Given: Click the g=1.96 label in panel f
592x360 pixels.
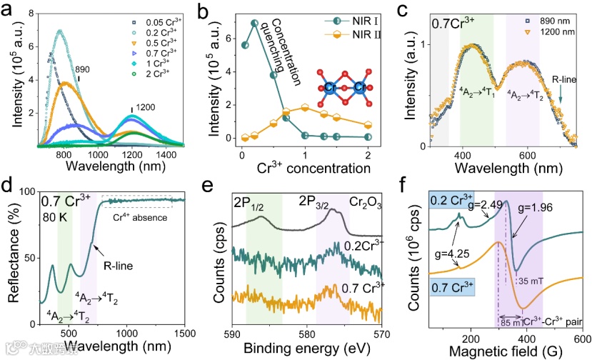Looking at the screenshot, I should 529,213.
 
